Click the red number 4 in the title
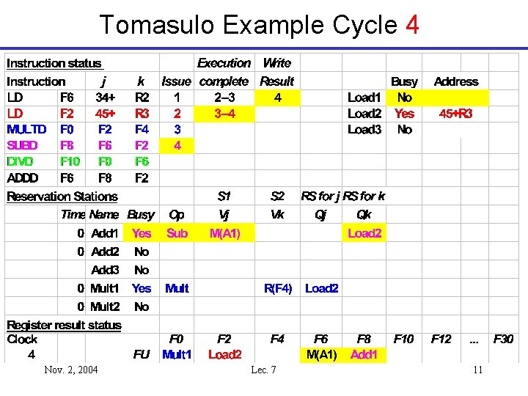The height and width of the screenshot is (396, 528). click(x=411, y=25)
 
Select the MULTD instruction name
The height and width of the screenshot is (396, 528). click(x=26, y=129)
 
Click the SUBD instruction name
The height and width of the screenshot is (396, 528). click(x=22, y=145)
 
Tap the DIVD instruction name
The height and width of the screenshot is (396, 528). click(x=21, y=161)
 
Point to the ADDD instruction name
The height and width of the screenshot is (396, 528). click(x=23, y=177)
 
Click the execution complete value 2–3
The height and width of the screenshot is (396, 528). click(x=224, y=97)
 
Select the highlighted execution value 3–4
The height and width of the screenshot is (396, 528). click(x=224, y=114)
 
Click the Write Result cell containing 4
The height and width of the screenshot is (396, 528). click(x=277, y=97)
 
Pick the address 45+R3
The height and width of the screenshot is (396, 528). click(x=455, y=114)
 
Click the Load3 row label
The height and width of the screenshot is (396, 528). click(x=364, y=130)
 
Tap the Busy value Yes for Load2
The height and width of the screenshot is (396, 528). click(x=404, y=114)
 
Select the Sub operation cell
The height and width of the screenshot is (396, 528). click(x=177, y=233)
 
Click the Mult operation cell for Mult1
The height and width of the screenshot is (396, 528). click(x=177, y=288)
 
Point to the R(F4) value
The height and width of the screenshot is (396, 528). click(x=278, y=288)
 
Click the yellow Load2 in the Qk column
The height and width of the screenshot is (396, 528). click(x=364, y=233)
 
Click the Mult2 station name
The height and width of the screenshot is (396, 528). click(x=104, y=307)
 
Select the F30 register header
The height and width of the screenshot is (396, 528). click(x=504, y=339)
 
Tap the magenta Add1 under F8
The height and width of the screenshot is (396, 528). click(x=364, y=355)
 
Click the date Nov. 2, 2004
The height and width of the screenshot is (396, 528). click(x=70, y=370)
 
